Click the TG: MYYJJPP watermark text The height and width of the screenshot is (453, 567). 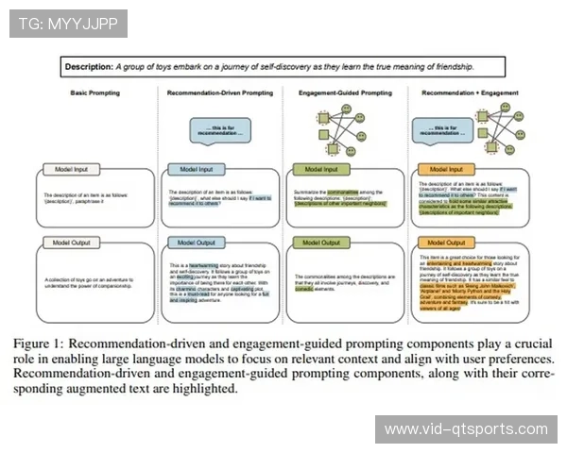coord(67,22)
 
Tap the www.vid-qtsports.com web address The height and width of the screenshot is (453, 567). coord(466,429)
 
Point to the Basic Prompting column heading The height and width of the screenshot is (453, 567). coord(94,94)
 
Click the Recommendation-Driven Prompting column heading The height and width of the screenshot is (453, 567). coord(219,94)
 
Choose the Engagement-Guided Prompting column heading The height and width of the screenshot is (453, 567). coord(345,94)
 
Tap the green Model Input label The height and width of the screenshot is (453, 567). coord(321,169)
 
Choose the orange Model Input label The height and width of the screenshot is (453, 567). coord(447,169)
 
